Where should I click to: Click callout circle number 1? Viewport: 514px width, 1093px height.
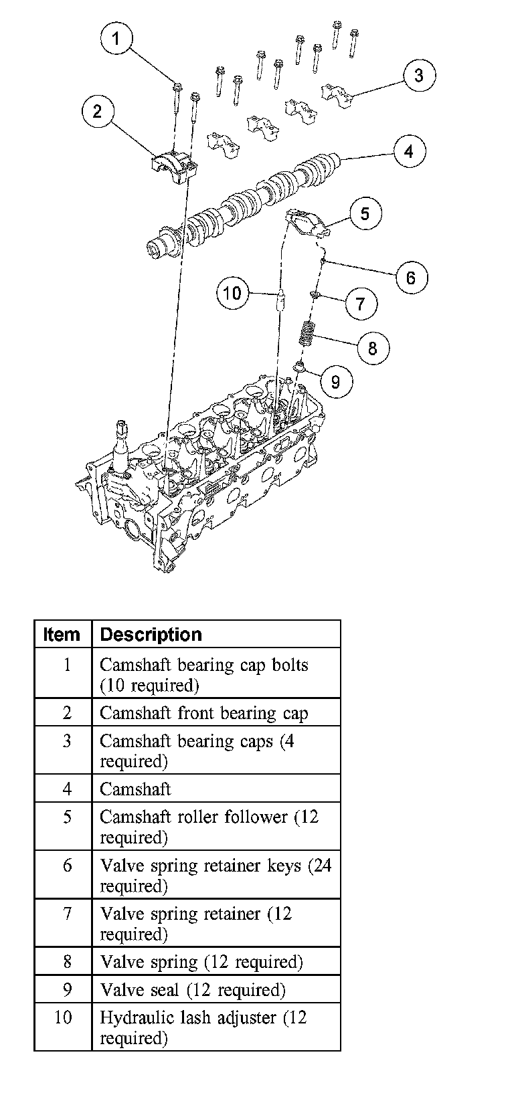[116, 38]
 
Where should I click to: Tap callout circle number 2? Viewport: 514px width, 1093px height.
[98, 111]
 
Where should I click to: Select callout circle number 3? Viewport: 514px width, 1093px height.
[418, 75]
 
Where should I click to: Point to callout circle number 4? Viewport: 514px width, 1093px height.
[408, 152]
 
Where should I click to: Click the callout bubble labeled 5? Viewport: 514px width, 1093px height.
[365, 213]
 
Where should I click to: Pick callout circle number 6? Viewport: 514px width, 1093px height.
[411, 277]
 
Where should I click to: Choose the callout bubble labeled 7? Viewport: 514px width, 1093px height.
[361, 304]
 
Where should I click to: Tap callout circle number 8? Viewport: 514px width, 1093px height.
[372, 348]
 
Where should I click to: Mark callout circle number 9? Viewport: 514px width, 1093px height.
[335, 381]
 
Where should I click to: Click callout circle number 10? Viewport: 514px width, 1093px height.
[232, 293]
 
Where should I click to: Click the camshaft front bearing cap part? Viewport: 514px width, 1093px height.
[173, 164]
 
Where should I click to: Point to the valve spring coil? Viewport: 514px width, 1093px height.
[307, 334]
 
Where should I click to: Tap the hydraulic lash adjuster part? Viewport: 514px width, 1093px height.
[281, 302]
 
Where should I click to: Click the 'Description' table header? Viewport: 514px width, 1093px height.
[151, 635]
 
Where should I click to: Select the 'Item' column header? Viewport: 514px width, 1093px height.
[62, 635]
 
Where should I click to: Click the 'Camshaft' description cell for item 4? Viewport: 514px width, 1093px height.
[135, 789]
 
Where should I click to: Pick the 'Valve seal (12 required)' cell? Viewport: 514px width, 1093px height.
[193, 990]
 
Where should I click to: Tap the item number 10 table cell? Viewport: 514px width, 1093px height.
[63, 1017]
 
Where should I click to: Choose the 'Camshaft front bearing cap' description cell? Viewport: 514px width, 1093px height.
[203, 713]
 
